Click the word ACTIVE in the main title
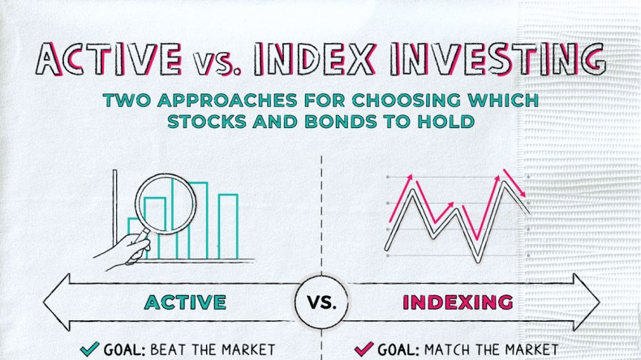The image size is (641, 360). coord(110,59)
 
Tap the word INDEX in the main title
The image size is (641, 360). coord(314,60)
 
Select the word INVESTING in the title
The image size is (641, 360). coord(497,60)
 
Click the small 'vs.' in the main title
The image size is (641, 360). coord(217,64)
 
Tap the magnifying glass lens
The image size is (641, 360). coord(166,204)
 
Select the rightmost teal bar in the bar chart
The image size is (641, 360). coord(228,226)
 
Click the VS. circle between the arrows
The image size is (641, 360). coord(322,302)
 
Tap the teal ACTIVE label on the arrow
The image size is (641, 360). coord(185,302)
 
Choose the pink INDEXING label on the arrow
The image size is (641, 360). coord(458,302)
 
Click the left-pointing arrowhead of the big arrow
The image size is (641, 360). coord(57,302)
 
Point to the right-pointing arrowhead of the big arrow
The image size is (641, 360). coord(587,302)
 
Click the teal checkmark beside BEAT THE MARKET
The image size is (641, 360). coord(89,349)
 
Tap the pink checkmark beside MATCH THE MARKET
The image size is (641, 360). coord(364,349)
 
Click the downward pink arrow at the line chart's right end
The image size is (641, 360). coord(514,183)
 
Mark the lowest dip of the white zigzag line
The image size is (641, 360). coord(477,260)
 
